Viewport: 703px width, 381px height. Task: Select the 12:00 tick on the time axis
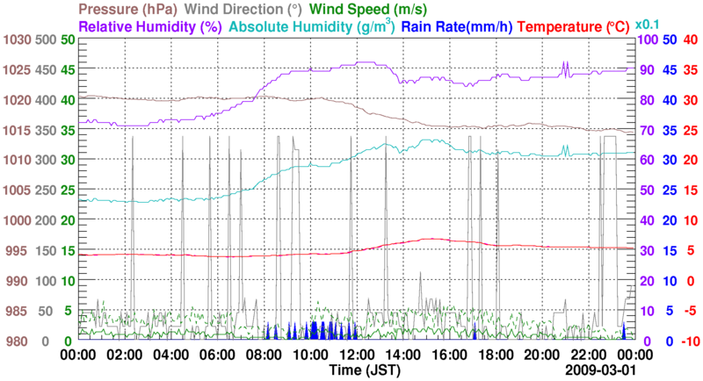[x=356, y=355]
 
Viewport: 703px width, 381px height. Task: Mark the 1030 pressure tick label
[x=15, y=40]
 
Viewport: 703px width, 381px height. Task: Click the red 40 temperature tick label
[x=690, y=40]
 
